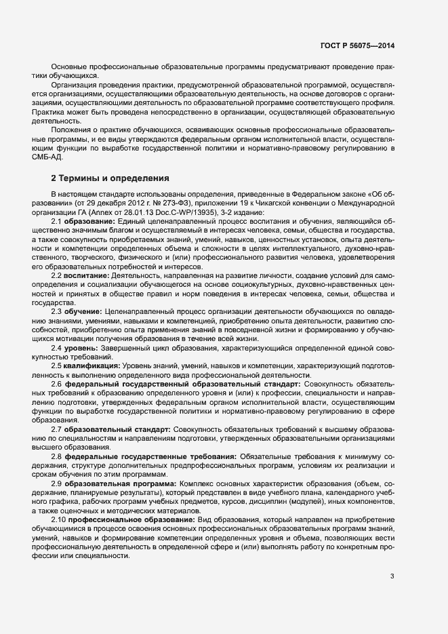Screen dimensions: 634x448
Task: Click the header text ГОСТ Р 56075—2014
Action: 357,45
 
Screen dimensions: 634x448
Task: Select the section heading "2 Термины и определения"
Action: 110,178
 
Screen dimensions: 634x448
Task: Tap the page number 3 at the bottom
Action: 392,576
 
